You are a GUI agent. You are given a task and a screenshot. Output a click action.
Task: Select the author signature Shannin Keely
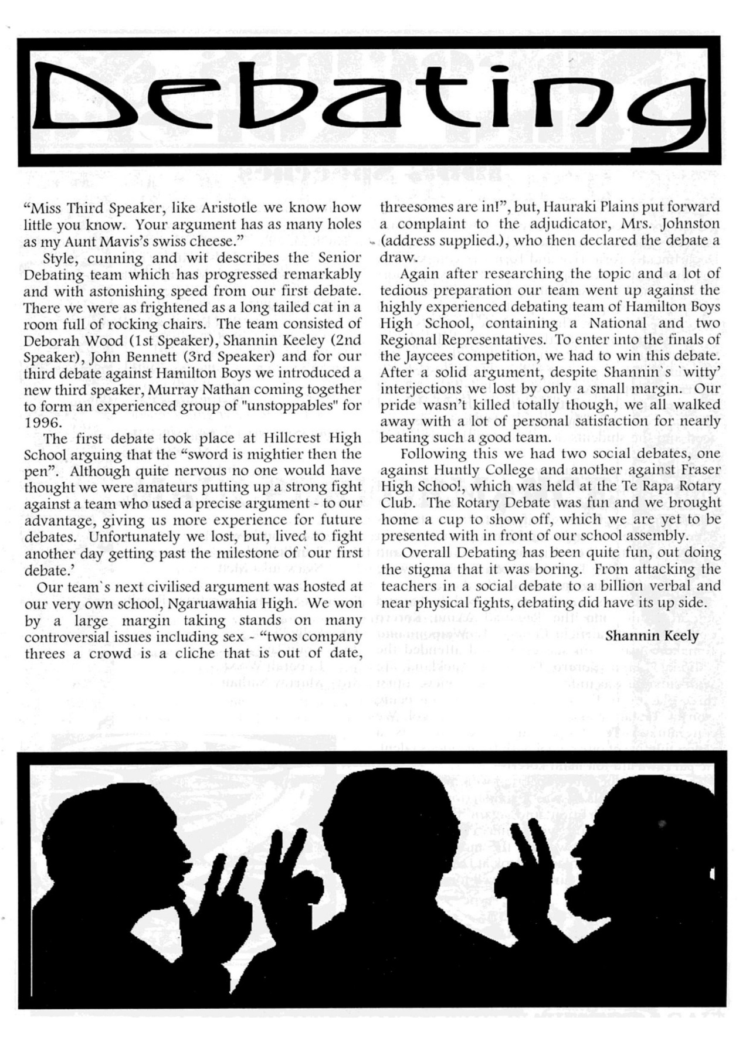click(652, 636)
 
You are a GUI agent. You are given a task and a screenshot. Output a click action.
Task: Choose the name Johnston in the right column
click(689, 224)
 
